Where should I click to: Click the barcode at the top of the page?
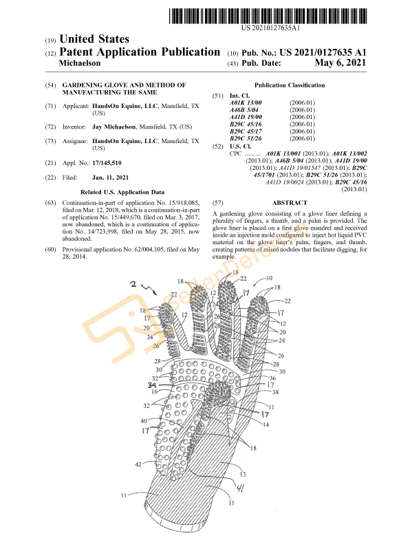click(x=268, y=16)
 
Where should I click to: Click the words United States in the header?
click(x=94, y=39)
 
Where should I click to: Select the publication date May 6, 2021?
click(x=340, y=63)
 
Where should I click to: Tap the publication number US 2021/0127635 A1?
click(x=323, y=52)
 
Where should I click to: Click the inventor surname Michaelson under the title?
click(x=80, y=63)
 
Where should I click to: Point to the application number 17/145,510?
click(x=107, y=163)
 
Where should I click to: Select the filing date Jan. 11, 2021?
click(x=111, y=177)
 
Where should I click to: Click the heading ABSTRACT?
click(x=290, y=203)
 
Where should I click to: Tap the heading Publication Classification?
click(x=290, y=85)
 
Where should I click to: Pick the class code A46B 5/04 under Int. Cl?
click(x=244, y=110)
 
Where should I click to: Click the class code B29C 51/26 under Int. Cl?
click(x=246, y=138)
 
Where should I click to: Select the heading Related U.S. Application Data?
click(x=122, y=192)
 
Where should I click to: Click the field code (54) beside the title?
click(x=50, y=85)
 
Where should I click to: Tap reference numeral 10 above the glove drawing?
click(x=270, y=278)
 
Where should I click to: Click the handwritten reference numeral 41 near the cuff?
click(x=240, y=488)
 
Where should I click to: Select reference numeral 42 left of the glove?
click(x=138, y=464)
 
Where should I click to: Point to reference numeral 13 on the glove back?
click(x=243, y=474)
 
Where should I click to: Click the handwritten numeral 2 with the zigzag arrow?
click(x=133, y=284)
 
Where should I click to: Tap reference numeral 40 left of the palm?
click(x=144, y=421)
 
